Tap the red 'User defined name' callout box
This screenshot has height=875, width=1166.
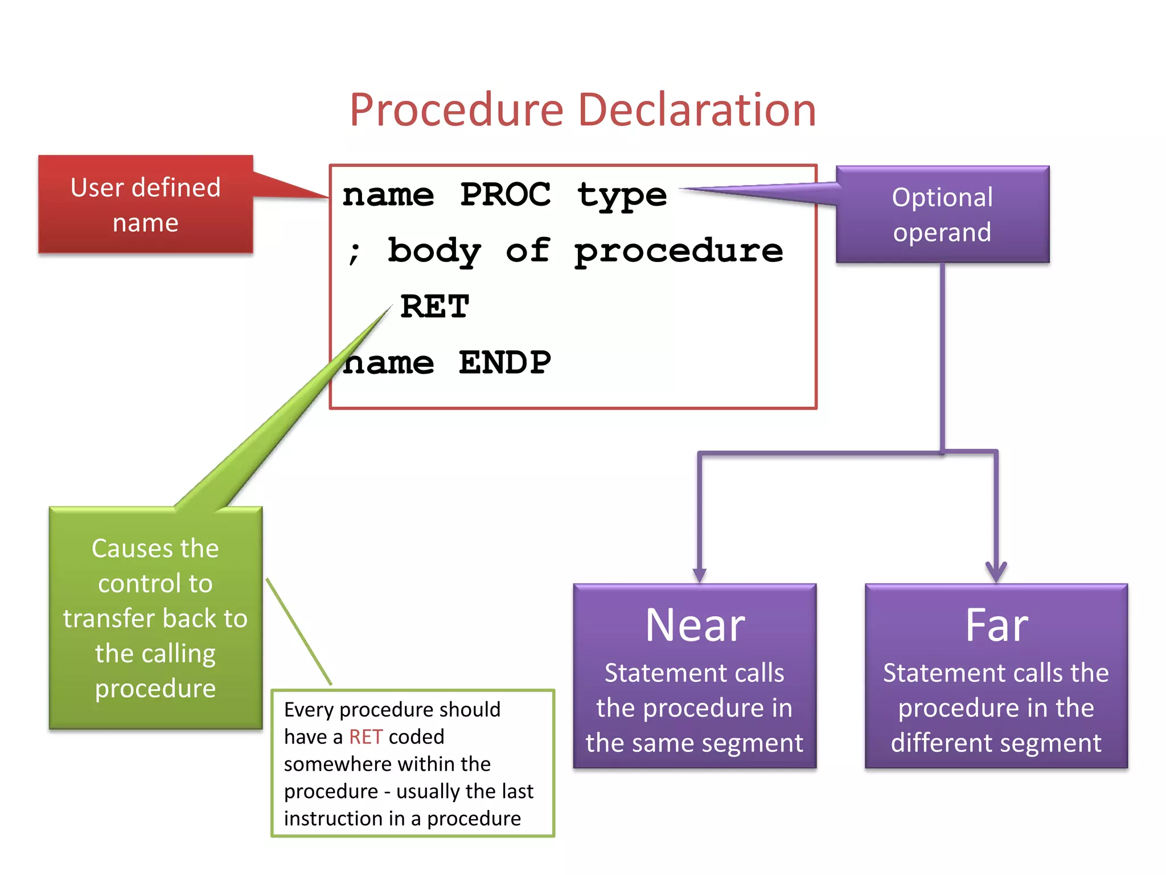pyautogui.click(x=146, y=205)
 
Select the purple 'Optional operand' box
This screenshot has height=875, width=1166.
pyautogui.click(x=942, y=215)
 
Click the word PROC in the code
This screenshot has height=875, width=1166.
pyautogui.click(x=505, y=195)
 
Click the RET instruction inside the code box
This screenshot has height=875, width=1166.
pyautogui.click(x=434, y=307)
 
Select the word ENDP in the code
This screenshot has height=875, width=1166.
pyautogui.click(x=505, y=363)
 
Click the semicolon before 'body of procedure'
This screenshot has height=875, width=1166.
pyautogui.click(x=354, y=252)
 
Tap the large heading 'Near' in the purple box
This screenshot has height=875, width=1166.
pyautogui.click(x=695, y=625)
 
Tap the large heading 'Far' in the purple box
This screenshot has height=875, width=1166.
pyautogui.click(x=996, y=625)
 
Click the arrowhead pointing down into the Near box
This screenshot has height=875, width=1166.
pyautogui.click(x=700, y=575)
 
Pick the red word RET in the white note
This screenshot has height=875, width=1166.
pyautogui.click(x=366, y=737)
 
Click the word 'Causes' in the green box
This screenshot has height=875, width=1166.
pyautogui.click(x=132, y=549)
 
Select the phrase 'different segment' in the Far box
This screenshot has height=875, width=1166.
pyautogui.click(x=996, y=743)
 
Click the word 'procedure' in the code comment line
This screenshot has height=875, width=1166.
pyautogui.click(x=678, y=252)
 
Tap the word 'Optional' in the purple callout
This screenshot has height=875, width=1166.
pyautogui.click(x=942, y=198)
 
